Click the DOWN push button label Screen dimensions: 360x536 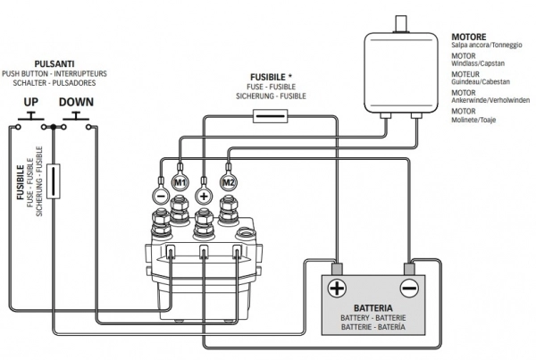(77, 102)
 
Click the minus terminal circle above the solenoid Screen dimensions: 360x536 (157, 193)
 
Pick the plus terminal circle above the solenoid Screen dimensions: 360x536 (204, 193)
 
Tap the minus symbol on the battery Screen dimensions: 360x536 (408, 289)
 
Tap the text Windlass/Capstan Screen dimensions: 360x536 (479, 63)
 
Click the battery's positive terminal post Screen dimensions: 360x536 (337, 267)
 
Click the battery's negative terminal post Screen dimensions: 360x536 (408, 267)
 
